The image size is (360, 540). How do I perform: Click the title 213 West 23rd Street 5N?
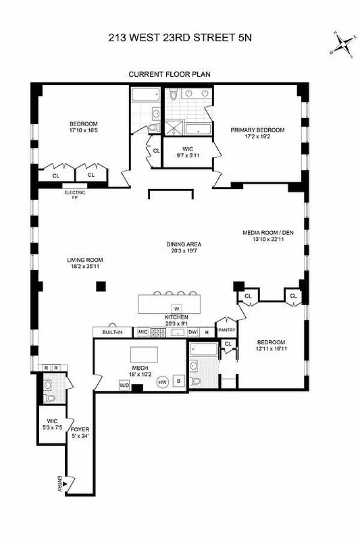[180, 38]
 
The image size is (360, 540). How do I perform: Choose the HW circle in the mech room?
[162, 381]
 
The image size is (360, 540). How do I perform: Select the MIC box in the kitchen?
[143, 332]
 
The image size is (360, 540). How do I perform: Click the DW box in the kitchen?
[192, 332]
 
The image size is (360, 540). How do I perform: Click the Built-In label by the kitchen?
[112, 332]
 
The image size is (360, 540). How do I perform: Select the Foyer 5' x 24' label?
[80, 433]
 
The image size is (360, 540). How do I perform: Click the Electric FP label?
[74, 195]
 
